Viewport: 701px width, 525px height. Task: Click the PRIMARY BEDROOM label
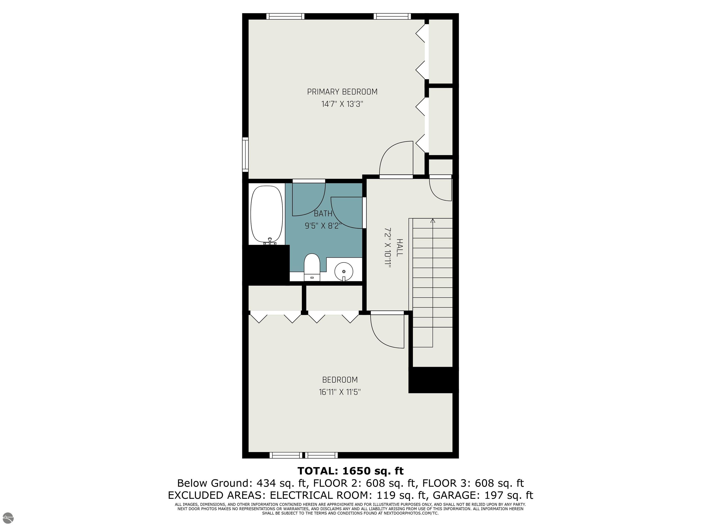[x=342, y=92]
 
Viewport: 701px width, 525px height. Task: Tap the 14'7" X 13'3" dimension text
[x=342, y=104]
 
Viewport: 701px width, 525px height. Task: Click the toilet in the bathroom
[x=312, y=267]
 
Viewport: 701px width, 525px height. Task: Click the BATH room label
[x=323, y=214]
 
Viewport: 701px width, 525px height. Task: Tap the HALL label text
[x=400, y=247]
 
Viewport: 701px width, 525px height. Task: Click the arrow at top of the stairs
[x=433, y=221]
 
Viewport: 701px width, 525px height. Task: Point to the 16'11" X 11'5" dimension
[x=340, y=392]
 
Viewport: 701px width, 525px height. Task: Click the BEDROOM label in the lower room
[x=340, y=380]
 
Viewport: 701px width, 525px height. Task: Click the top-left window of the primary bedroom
[x=285, y=16]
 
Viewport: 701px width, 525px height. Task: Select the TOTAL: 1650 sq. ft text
[x=350, y=471]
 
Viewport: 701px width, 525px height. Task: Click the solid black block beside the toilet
[x=266, y=264]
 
